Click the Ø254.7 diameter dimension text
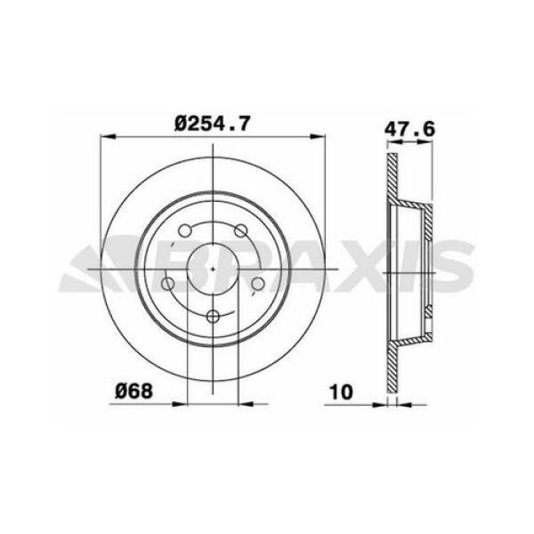213,125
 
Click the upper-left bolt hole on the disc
185,231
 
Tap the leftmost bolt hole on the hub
167,285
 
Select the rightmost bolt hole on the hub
257,284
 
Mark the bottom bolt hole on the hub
212,316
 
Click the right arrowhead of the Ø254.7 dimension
319,137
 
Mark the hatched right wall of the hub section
429,267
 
